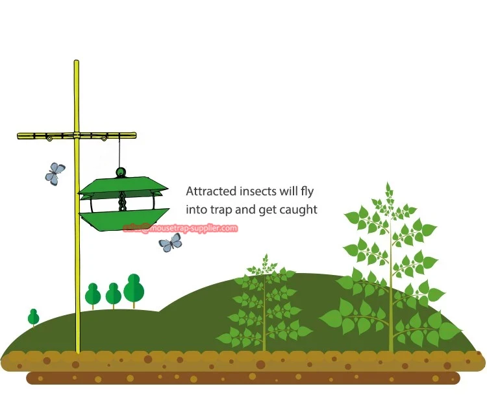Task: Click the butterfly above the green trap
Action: point(55,173)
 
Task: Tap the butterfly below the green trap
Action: point(171,243)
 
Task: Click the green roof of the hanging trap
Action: point(123,185)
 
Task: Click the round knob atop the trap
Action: point(120,173)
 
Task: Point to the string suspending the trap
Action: point(120,152)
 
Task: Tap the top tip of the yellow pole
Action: point(76,63)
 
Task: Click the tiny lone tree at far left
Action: point(33,317)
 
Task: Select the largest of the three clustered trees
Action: point(134,289)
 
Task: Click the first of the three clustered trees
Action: point(93,295)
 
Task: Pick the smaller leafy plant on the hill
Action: point(264,305)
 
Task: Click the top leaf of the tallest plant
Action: point(389,190)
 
